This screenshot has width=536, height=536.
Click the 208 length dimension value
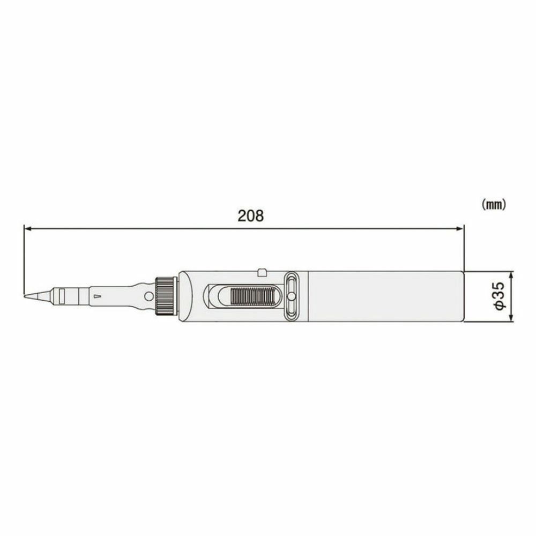251,215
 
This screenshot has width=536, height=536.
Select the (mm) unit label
493,204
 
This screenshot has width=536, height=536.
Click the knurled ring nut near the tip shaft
166,296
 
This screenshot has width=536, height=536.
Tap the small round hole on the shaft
148,296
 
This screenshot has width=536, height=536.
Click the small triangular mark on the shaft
97,296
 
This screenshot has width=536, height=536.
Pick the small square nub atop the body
262,272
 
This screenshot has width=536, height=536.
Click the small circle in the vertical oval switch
291,296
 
